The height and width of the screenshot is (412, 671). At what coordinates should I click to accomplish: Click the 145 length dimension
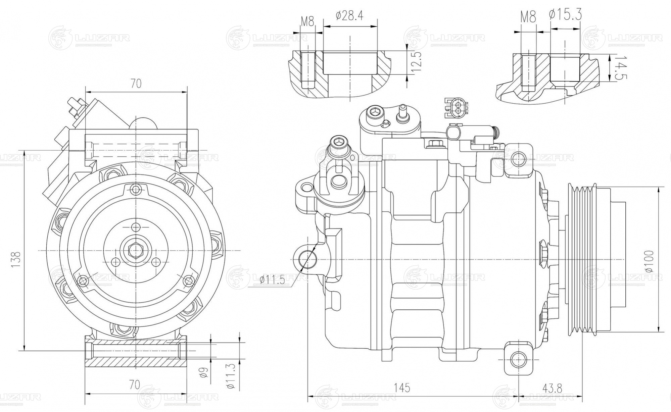402,388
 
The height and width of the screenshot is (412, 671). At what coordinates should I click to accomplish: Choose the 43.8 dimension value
552,388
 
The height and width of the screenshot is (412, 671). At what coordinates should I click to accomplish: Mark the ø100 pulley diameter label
649,261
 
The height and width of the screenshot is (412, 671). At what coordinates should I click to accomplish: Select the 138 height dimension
16,259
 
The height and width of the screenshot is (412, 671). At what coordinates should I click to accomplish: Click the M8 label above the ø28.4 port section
307,22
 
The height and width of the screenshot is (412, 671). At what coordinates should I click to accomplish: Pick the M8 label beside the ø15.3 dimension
528,17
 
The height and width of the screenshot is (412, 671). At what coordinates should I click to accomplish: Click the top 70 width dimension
136,84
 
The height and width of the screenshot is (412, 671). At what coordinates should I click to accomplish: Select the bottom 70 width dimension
135,384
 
